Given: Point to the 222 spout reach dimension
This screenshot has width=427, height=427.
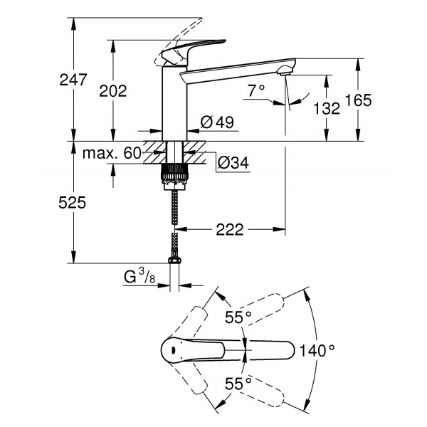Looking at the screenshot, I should pyautogui.click(x=229, y=229).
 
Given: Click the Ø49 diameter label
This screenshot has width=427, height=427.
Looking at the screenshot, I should pyautogui.click(x=217, y=122).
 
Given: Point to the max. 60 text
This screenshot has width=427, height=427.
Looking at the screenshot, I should pyautogui.click(x=112, y=154).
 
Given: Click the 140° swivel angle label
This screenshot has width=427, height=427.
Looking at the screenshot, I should pyautogui.click(x=317, y=350).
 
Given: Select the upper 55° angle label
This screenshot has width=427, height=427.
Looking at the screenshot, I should pyautogui.click(x=238, y=317).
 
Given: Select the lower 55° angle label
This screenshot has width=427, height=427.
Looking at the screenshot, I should pyautogui.click(x=238, y=384).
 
